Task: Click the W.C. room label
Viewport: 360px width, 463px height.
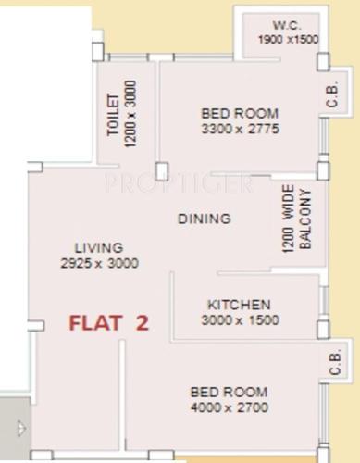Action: pyautogui.click(x=282, y=23)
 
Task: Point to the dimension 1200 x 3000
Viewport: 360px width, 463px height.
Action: pyautogui.click(x=130, y=109)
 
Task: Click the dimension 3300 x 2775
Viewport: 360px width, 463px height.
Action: pyautogui.click(x=240, y=129)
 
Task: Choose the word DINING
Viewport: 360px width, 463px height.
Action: pyautogui.click(x=205, y=219)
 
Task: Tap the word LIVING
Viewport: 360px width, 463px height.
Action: pyautogui.click(x=99, y=248)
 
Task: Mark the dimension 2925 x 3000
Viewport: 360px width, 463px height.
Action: pyautogui.click(x=98, y=263)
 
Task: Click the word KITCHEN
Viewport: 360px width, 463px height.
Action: pyautogui.click(x=239, y=305)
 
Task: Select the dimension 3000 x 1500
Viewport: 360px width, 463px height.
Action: pyautogui.click(x=239, y=320)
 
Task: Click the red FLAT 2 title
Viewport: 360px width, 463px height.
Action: pyautogui.click(x=109, y=323)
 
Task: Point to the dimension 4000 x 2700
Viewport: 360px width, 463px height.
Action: pyautogui.click(x=229, y=407)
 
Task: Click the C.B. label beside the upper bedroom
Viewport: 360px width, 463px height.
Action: pyautogui.click(x=333, y=95)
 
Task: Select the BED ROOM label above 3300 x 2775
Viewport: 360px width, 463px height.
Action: pyautogui.click(x=240, y=113)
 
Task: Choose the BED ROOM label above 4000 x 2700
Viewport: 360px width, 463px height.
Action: pyautogui.click(x=229, y=391)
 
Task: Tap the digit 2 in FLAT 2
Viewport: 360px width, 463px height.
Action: pyautogui.click(x=142, y=323)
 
